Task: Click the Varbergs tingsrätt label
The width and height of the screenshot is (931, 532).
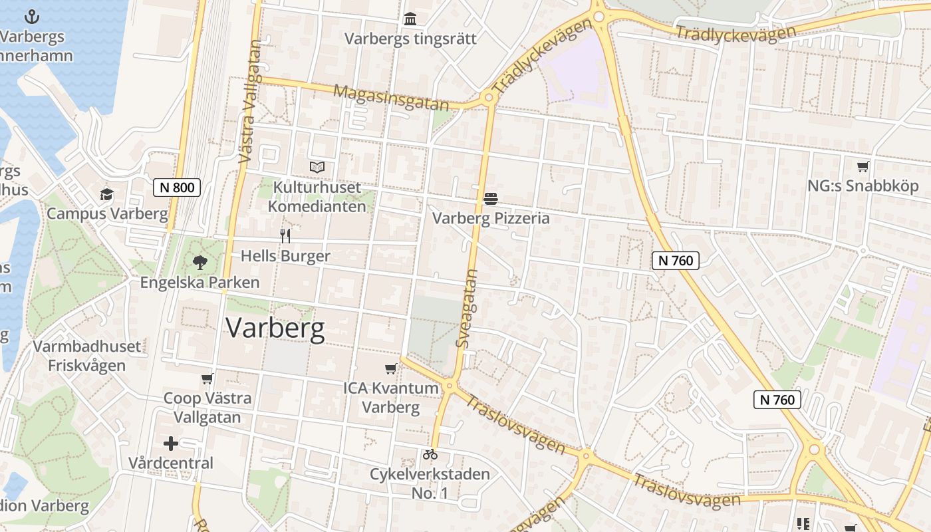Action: [x=410, y=39]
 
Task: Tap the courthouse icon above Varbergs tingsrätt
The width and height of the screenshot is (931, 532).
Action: [x=410, y=19]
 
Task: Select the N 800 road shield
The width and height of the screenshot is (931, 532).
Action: [x=177, y=188]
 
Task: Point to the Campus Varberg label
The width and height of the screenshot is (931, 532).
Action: [x=107, y=213]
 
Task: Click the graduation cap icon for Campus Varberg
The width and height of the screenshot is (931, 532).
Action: [x=106, y=195]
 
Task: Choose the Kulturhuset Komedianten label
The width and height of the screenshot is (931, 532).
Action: [x=317, y=197]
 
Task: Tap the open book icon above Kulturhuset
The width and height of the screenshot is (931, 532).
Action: [x=317, y=167]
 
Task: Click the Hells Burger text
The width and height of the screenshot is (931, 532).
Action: [x=285, y=256]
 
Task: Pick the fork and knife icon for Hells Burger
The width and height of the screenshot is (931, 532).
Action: [x=285, y=236]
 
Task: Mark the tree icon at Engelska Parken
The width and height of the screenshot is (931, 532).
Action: [x=199, y=263]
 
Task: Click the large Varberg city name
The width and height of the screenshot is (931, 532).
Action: [x=275, y=328]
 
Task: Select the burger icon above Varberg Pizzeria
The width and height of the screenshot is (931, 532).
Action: [x=491, y=198]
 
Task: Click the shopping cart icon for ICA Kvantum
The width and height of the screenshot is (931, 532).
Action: [x=391, y=368]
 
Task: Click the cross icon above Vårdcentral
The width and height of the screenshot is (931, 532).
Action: [x=171, y=443]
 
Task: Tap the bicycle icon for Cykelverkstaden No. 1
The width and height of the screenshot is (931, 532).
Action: [x=430, y=455]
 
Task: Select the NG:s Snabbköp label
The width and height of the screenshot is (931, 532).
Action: [x=863, y=186]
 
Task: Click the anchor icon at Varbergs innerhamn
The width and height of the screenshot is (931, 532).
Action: [x=32, y=17]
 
